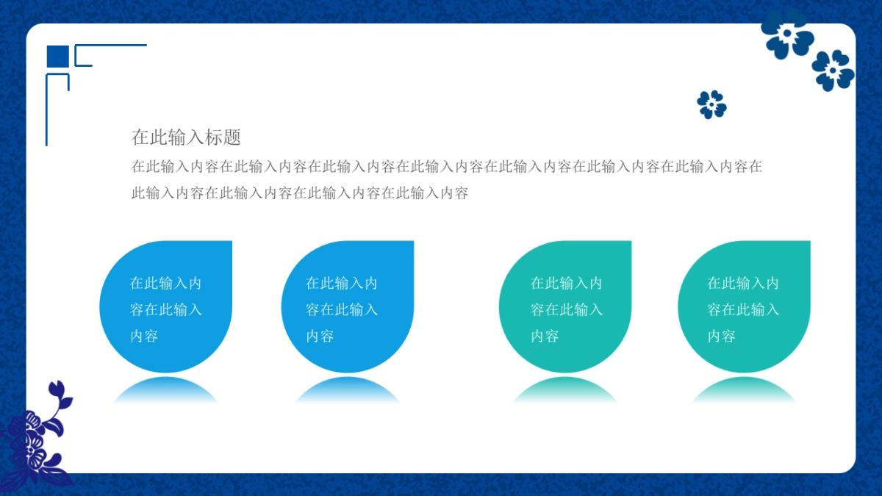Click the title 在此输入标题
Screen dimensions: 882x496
coord(186,137)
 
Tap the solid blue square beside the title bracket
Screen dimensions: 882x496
coord(58,57)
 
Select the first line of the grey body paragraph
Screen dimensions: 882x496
coord(447,166)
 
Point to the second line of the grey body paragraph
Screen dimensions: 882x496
coord(300,193)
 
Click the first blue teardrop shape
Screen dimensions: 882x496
coord(166,306)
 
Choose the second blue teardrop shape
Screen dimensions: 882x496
coord(348,306)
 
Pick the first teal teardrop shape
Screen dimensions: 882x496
coord(565,306)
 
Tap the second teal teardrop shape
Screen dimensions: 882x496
coord(744,306)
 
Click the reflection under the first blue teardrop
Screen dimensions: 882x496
coord(166,389)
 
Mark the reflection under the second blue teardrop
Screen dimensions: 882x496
coord(348,389)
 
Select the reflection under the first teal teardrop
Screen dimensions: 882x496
coord(565,389)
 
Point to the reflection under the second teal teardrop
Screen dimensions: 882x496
coord(744,389)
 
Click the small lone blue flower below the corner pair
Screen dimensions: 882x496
coord(712,104)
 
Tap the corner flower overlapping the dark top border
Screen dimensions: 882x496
coord(786,34)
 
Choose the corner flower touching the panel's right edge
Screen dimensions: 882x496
coord(833,71)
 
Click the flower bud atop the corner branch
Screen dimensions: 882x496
coord(57,388)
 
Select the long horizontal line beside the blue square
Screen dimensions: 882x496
coord(111,46)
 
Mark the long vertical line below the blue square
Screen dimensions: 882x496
coord(47,109)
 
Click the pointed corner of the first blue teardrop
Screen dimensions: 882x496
coord(232,241)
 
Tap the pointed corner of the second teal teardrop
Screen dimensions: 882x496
coord(810,241)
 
